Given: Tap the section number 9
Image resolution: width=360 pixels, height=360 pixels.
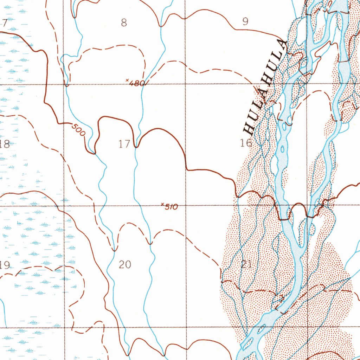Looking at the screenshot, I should pyautogui.click(x=245, y=22).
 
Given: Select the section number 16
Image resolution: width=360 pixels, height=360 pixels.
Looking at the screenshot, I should pyautogui.click(x=246, y=143).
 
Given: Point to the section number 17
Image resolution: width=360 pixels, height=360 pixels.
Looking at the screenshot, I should pyautogui.click(x=124, y=144).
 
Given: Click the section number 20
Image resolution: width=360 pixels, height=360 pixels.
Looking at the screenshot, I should pyautogui.click(x=125, y=264).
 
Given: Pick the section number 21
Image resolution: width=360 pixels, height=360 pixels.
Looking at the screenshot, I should pyautogui.click(x=246, y=264).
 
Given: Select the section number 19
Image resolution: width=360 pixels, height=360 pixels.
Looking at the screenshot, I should pyautogui.click(x=5, y=265).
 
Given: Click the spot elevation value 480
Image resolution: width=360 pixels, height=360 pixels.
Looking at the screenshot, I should pyautogui.click(x=137, y=83).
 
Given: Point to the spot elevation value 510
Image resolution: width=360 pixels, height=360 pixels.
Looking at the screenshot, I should pyautogui.click(x=171, y=207).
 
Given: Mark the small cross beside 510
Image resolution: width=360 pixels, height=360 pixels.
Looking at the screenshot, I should pyautogui.click(x=162, y=204).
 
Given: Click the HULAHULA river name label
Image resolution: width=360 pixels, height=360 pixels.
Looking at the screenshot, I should pyautogui.click(x=266, y=88).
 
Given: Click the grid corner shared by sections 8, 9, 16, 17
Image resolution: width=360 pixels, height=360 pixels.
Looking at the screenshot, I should pyautogui.click(x=186, y=84).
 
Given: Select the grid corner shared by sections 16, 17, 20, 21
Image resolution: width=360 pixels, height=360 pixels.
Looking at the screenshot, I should pyautogui.click(x=186, y=206).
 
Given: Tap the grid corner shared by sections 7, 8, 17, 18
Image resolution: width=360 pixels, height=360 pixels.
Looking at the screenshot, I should pyautogui.click(x=64, y=85).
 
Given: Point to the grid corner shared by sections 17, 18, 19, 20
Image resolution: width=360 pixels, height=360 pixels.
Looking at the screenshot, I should pyautogui.click(x=64, y=206).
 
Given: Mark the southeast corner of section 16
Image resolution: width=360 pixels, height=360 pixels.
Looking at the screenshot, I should pyautogui.click(x=307, y=205).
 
